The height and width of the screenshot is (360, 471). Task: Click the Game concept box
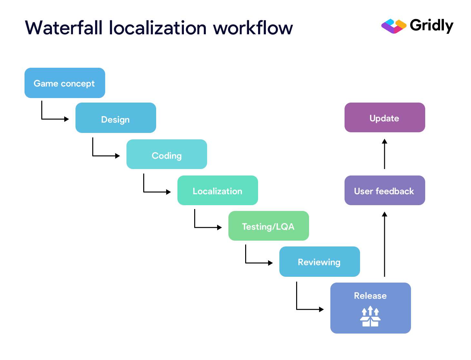[65, 83]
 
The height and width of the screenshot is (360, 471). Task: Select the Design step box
[115, 118]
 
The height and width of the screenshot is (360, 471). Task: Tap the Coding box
[166, 154]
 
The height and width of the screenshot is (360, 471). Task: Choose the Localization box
[217, 190]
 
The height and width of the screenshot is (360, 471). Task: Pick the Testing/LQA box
[268, 226]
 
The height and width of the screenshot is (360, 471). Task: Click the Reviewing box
[319, 262]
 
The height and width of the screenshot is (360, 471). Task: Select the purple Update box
[385, 117]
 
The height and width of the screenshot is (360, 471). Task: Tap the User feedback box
[385, 190]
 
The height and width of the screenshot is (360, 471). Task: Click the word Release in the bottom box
[370, 295]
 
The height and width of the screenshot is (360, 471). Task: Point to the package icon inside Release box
[370, 317]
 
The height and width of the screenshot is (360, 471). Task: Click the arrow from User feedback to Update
[385, 154]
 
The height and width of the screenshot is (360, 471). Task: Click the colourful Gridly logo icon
[394, 26]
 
